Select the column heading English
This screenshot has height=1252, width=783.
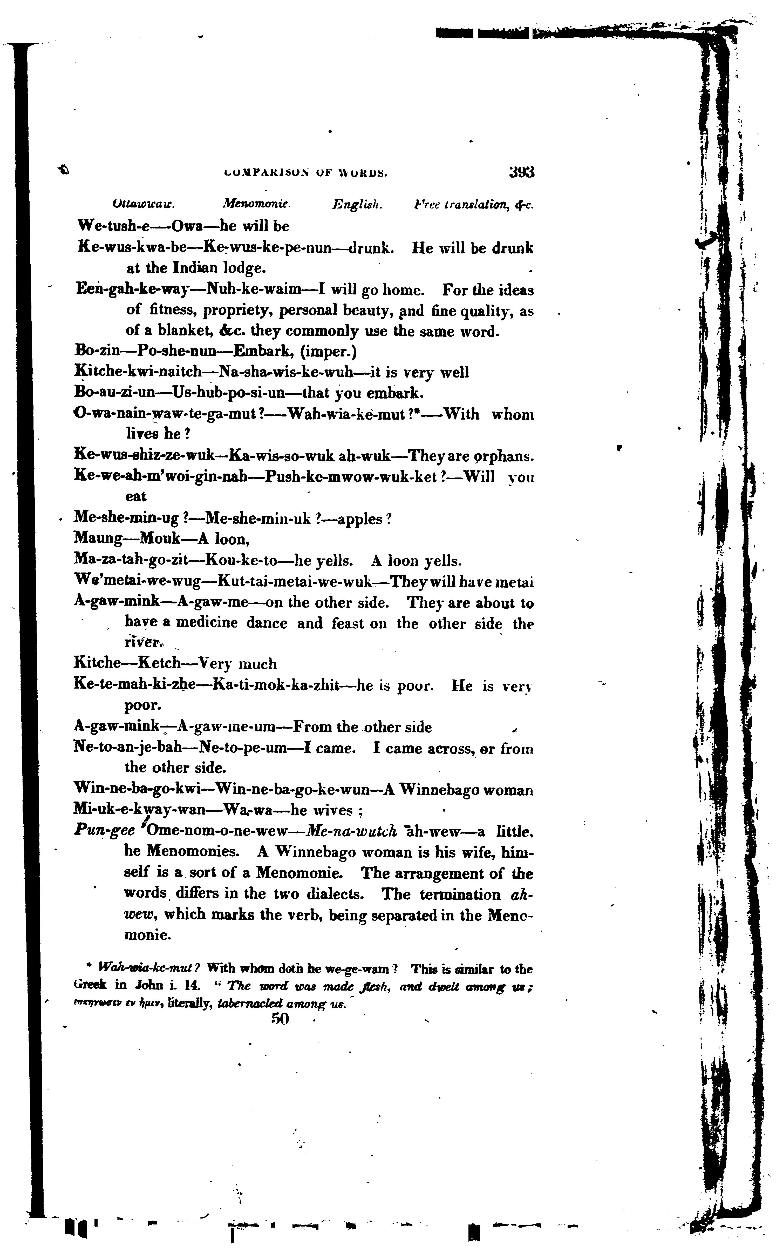click(357, 205)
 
